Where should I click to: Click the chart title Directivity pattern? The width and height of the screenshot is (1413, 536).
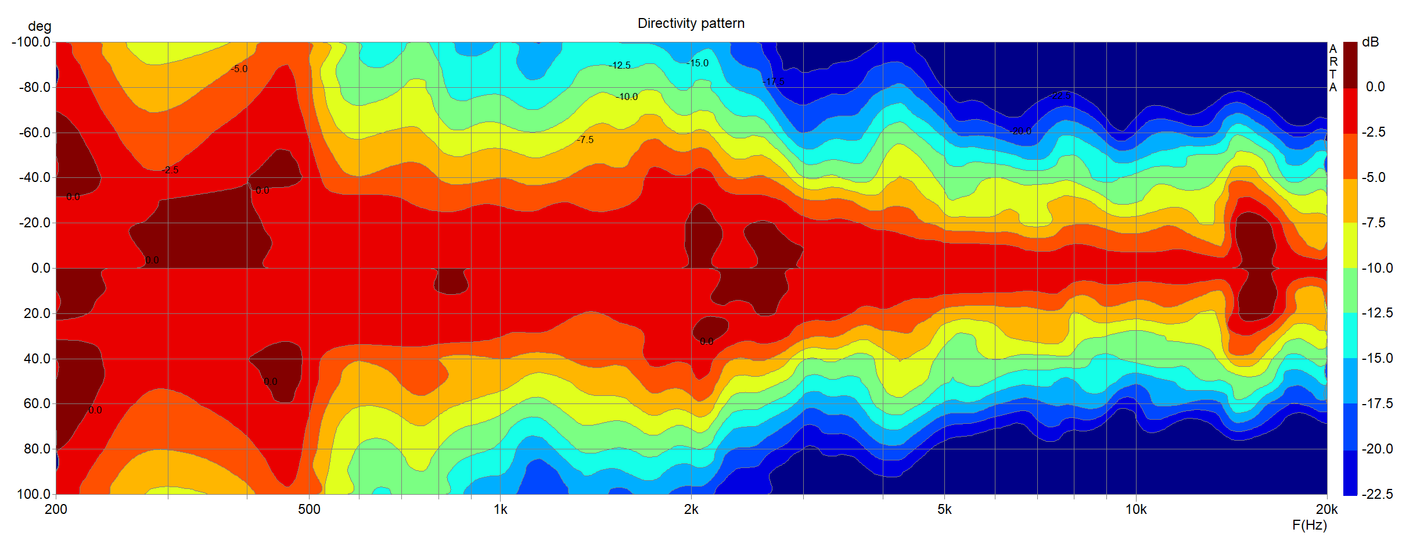pos(691,23)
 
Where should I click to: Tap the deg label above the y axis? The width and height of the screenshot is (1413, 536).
pos(39,26)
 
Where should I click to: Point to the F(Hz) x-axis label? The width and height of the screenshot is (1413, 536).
pos(1310,525)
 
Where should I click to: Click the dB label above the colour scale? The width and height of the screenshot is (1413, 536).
pos(1370,42)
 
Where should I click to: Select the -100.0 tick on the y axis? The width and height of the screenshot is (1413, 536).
pos(31,42)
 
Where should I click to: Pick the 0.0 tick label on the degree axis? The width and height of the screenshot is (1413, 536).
pos(41,268)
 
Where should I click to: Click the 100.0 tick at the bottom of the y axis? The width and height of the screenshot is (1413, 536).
pos(34,494)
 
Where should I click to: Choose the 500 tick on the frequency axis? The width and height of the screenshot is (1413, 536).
pos(309,510)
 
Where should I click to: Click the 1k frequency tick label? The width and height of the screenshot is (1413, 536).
pos(500,510)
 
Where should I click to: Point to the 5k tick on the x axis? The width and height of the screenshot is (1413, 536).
pos(944,510)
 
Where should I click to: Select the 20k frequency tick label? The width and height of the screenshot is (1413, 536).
pos(1326,510)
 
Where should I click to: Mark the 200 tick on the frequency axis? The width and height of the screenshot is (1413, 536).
pos(56,510)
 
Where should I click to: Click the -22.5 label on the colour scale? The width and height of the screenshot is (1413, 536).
pos(1376,494)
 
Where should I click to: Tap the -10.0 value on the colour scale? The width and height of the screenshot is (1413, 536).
pos(1376,268)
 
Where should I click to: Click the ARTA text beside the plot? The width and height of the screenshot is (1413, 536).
pos(1333,68)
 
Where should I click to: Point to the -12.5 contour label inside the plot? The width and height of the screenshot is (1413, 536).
pos(619,66)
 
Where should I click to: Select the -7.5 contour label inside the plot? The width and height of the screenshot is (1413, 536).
pos(585,140)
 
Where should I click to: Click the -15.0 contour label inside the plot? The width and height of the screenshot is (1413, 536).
pos(697,63)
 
